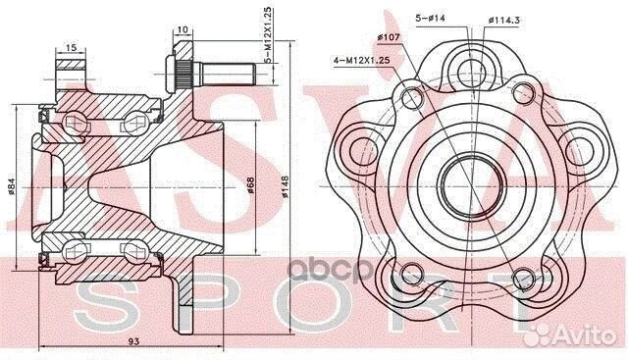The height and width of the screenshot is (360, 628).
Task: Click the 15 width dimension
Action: [x=73, y=46]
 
